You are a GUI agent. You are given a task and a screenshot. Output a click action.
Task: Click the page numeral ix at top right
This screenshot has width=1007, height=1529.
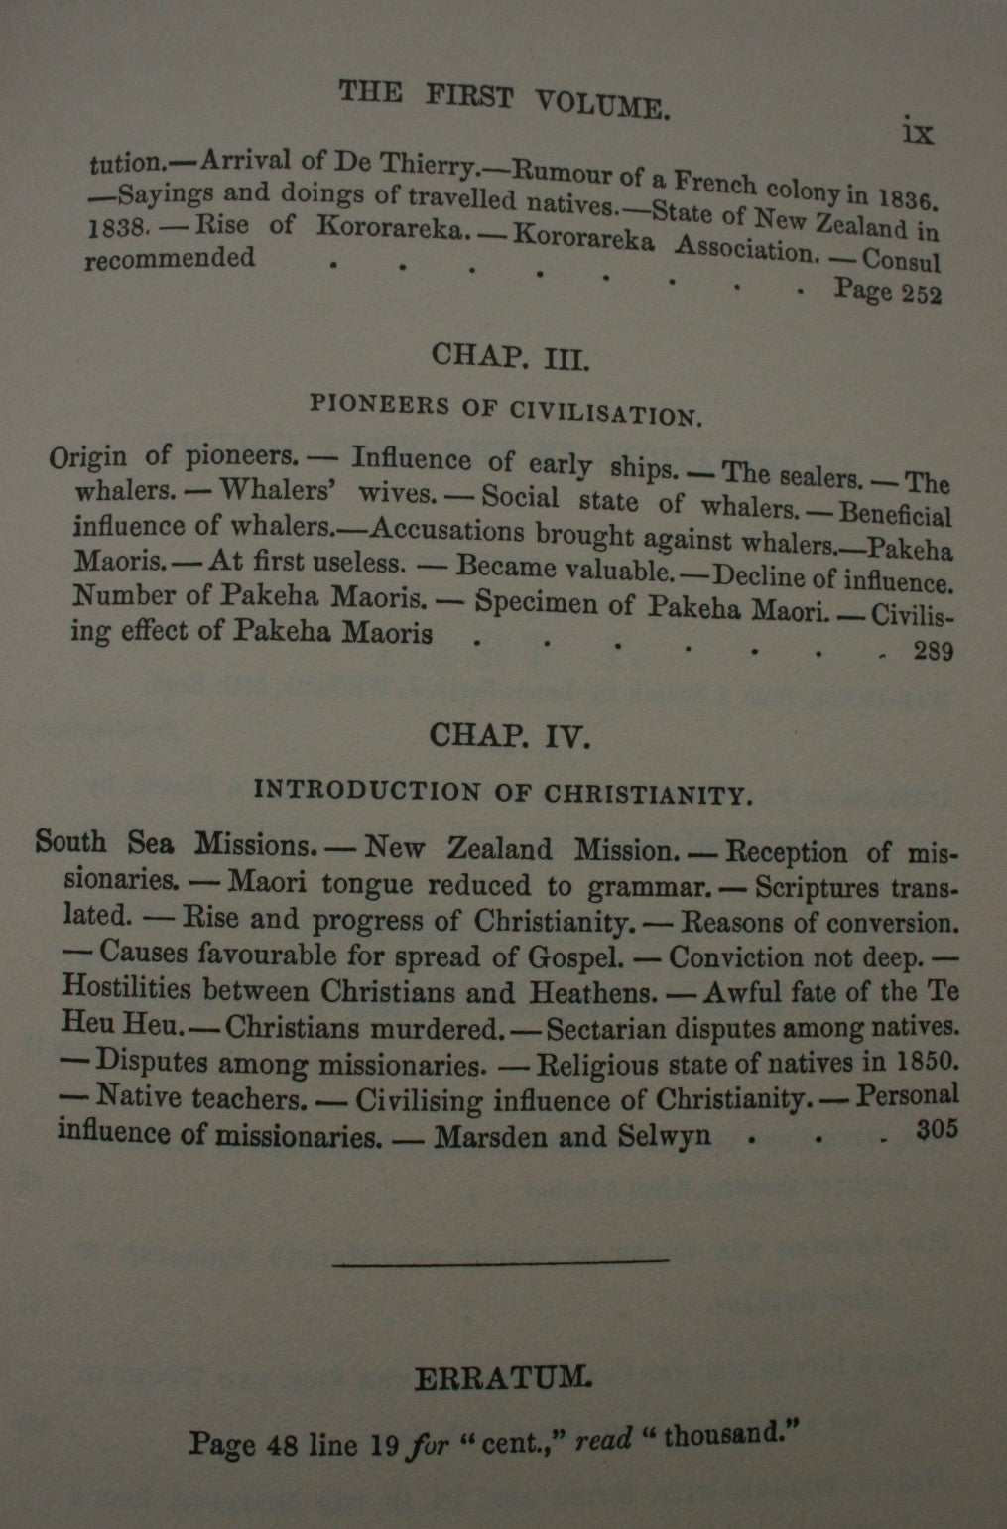pyautogui.click(x=920, y=133)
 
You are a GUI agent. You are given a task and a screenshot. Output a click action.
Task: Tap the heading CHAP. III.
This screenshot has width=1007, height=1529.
pyautogui.click(x=510, y=356)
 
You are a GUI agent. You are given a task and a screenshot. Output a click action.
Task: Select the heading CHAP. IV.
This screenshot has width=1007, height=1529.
pyautogui.click(x=510, y=735)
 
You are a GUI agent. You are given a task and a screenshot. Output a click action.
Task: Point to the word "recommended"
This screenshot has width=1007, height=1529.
pyautogui.click(x=169, y=260)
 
